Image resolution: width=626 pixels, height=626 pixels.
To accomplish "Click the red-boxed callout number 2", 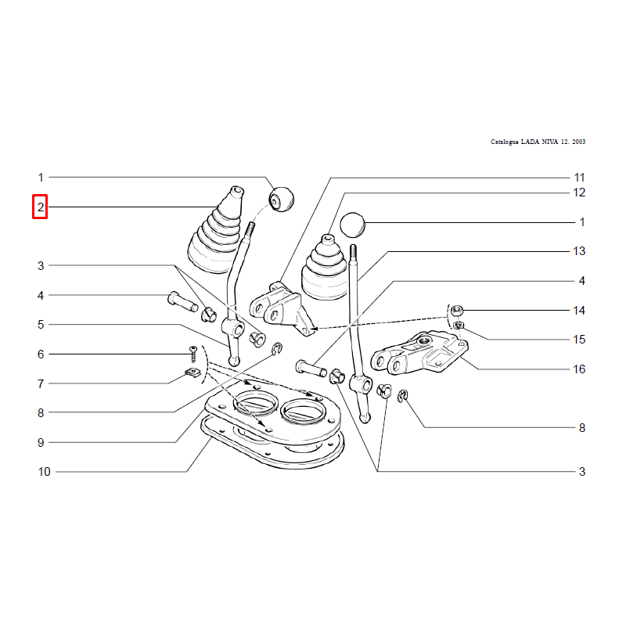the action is [x=41, y=207].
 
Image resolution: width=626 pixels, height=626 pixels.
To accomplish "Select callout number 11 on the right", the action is [x=579, y=178].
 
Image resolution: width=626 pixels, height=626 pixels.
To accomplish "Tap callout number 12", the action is [x=579, y=192].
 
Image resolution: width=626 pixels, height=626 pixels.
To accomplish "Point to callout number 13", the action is [x=579, y=251].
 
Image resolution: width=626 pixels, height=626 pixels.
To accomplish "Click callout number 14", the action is [x=579, y=310].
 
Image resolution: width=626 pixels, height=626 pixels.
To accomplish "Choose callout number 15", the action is [x=579, y=340].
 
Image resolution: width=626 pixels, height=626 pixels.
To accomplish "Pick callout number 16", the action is [x=579, y=369].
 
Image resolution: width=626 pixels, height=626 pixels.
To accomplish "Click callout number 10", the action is [x=44, y=472].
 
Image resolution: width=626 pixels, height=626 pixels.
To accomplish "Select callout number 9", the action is [x=41, y=442].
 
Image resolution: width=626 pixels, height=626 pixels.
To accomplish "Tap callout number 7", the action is [x=41, y=383].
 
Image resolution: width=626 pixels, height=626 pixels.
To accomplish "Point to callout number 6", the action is [x=41, y=354].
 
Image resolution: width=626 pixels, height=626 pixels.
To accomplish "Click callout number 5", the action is [x=41, y=325].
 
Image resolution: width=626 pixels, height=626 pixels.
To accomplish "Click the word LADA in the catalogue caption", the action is [x=530, y=142].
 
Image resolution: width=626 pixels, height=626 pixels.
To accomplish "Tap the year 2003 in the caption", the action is [x=578, y=142].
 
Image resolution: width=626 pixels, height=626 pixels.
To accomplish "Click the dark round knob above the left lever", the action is [x=282, y=200].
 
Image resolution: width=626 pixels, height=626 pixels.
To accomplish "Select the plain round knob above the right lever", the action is [x=353, y=225].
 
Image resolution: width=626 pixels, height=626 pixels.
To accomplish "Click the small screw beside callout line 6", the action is [x=193, y=354].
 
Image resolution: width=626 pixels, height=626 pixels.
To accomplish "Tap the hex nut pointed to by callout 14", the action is [x=457, y=310].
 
